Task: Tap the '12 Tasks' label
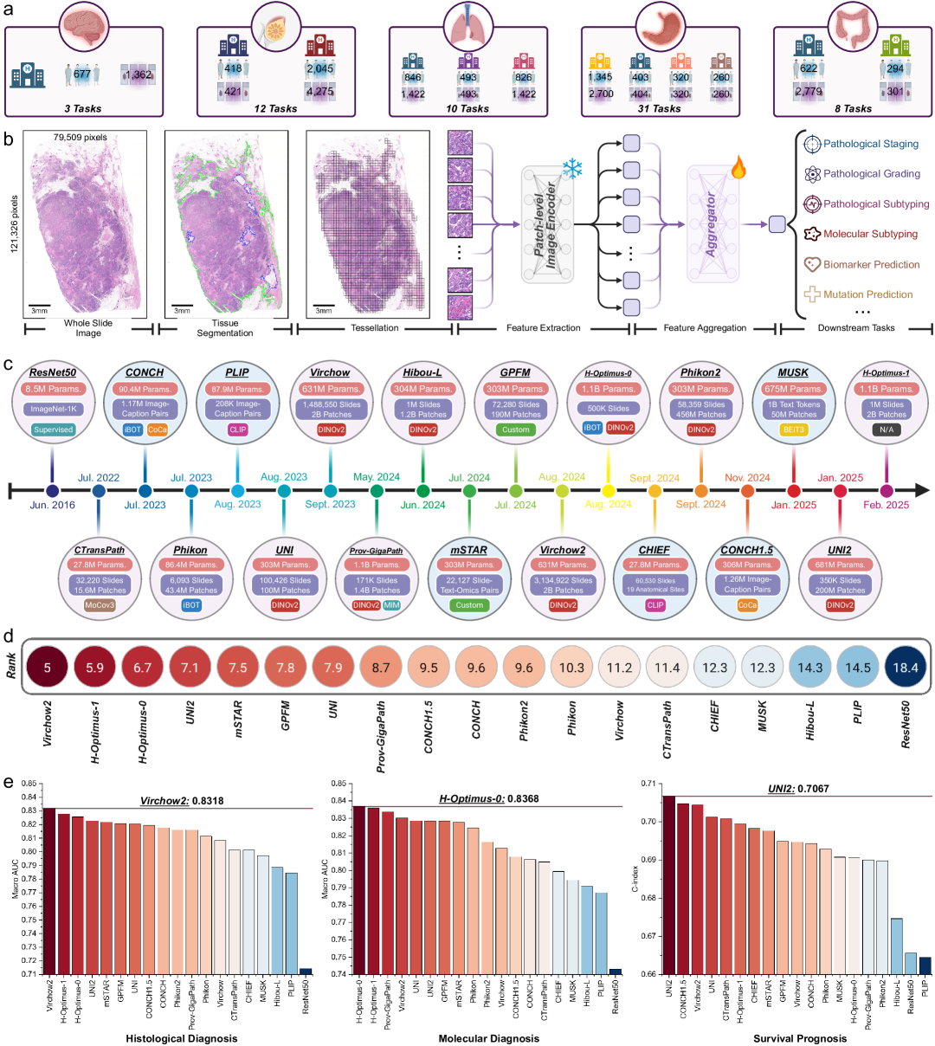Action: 275,108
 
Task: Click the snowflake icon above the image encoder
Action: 572,169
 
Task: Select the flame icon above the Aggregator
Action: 738,166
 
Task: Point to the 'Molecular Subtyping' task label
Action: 870,234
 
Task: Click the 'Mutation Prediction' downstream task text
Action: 867,294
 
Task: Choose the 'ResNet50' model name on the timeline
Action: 53,372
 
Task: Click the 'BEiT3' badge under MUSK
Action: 793,429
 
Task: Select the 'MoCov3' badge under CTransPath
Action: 100,605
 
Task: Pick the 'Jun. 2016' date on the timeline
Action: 53,505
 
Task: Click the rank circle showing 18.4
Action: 905,668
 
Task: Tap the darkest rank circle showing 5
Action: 48,668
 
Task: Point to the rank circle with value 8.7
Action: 381,668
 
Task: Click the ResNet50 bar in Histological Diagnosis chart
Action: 306,972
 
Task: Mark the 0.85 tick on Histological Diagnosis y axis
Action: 29,784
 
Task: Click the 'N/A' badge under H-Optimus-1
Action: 886,429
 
